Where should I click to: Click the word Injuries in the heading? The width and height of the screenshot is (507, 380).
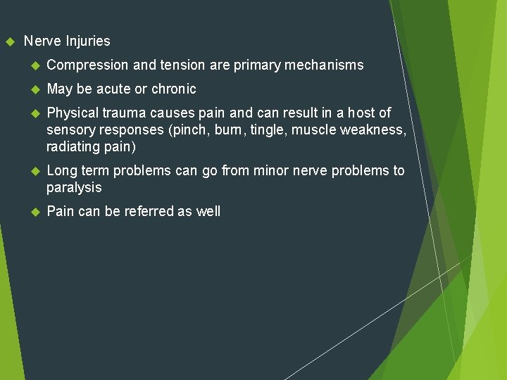(88, 42)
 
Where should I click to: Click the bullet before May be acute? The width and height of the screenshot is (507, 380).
(33, 89)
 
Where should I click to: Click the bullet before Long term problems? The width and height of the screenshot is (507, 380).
(33, 171)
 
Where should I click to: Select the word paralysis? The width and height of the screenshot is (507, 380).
(74, 188)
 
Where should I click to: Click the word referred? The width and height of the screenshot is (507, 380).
(151, 212)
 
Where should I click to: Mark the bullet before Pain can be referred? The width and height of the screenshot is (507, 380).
(33, 212)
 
